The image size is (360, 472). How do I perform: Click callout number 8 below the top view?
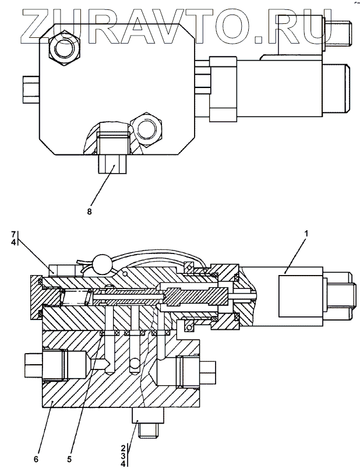pyautogui.click(x=89, y=212)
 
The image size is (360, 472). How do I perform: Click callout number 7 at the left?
pyautogui.click(x=13, y=234)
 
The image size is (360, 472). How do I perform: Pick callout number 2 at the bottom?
pyautogui.click(x=123, y=448)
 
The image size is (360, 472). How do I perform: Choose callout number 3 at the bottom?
pyautogui.click(x=123, y=455)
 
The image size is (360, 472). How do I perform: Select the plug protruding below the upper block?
pyautogui.click(x=112, y=162)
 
